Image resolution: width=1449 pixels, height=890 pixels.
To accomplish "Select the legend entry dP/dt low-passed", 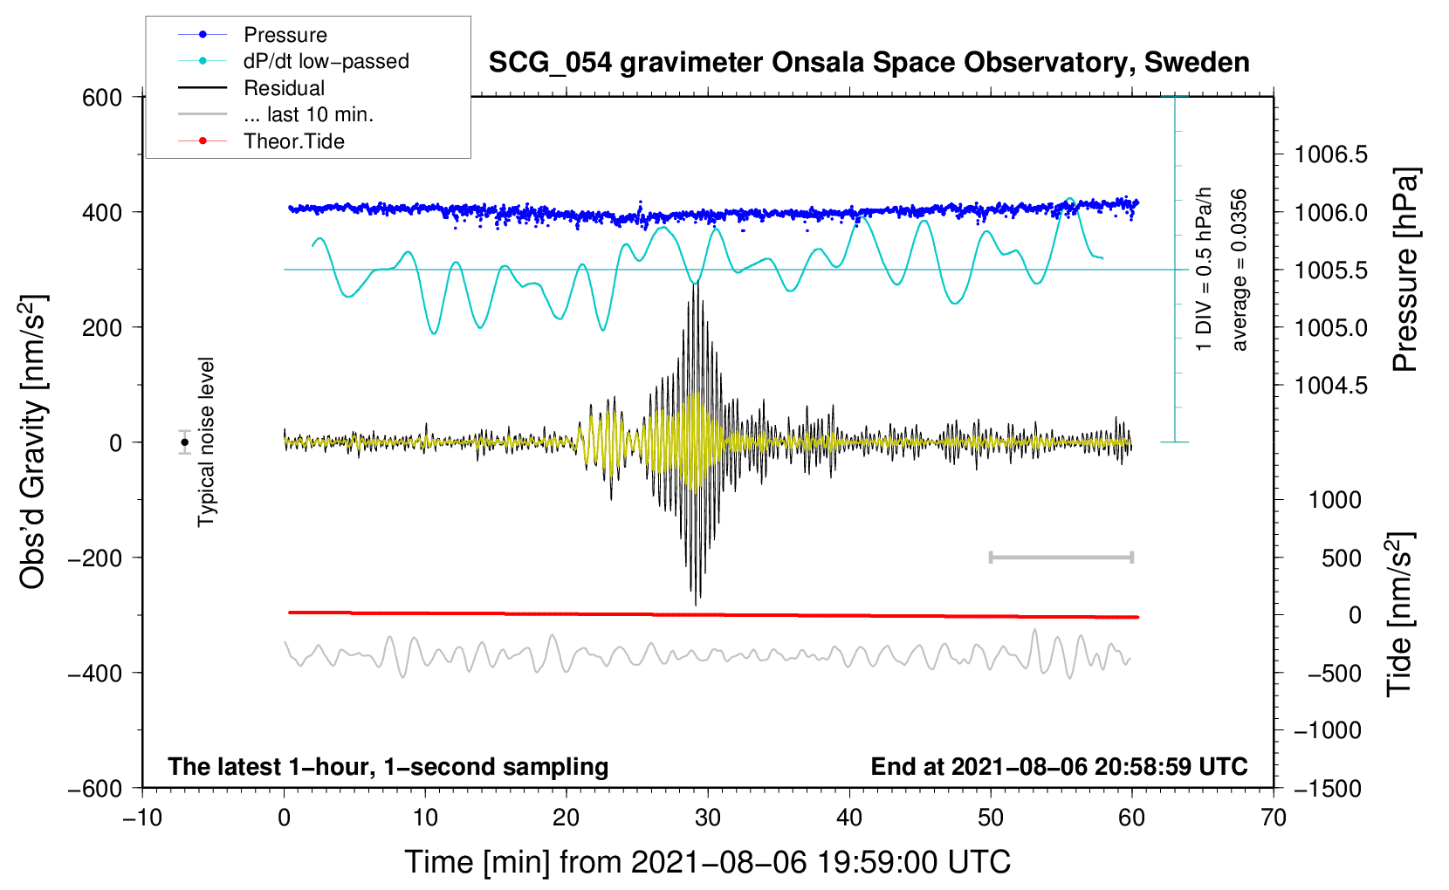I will click(x=326, y=61).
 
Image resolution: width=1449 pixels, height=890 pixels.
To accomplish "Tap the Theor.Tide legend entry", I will click(x=293, y=141).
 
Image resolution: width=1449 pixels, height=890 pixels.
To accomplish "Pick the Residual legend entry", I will click(x=284, y=88).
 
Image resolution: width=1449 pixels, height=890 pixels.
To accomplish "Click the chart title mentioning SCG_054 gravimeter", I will click(x=869, y=63).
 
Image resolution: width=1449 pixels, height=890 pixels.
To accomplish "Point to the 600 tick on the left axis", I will click(x=102, y=97).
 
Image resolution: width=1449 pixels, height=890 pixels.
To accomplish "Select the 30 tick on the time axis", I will click(x=708, y=818).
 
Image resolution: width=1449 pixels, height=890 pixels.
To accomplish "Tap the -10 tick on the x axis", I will click(x=142, y=818).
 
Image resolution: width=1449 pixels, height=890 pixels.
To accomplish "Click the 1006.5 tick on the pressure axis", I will click(x=1330, y=155).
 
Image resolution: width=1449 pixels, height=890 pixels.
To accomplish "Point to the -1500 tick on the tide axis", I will click(x=1327, y=788).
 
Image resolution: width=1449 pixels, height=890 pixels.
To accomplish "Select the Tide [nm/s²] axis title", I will click(x=1399, y=613).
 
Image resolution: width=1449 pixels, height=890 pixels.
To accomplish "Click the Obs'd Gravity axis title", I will click(x=33, y=442).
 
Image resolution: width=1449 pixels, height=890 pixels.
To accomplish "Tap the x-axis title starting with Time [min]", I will click(x=707, y=862).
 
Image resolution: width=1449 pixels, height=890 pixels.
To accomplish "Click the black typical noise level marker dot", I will click(x=185, y=442).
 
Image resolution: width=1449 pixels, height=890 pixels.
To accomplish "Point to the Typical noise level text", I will click(x=206, y=442).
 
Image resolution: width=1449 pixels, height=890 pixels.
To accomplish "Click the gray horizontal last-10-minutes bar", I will click(x=1061, y=557).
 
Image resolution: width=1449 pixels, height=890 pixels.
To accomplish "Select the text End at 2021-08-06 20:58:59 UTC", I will click(x=1059, y=766).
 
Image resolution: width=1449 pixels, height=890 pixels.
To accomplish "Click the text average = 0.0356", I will click(x=1240, y=270).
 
